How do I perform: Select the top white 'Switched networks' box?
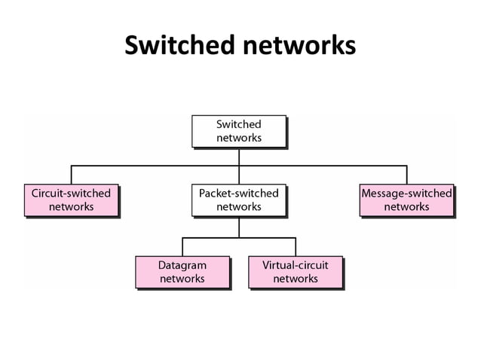(239, 131)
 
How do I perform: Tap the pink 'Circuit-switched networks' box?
(71, 200)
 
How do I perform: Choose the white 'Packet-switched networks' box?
(239, 200)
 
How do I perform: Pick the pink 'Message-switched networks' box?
(406, 200)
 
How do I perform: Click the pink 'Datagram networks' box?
(182, 272)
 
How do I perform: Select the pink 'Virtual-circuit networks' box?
(296, 272)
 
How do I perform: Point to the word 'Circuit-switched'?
(71, 194)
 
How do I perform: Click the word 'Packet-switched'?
(239, 194)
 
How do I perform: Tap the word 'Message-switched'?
(406, 194)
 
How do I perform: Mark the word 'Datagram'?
(182, 265)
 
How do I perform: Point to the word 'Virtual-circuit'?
(296, 265)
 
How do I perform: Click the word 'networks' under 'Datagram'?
(182, 279)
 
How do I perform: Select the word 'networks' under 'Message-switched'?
(406, 206)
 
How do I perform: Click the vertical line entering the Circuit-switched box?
(72, 174)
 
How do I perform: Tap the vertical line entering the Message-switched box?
(406, 174)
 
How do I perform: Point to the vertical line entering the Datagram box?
(182, 246)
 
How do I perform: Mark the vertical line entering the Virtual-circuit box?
(296, 246)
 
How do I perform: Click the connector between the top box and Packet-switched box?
(239, 156)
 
